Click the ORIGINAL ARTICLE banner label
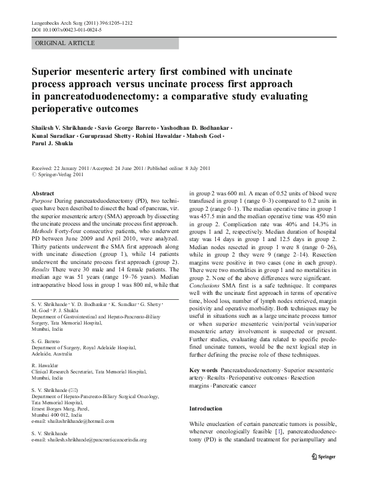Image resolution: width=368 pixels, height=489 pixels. [x=65, y=43]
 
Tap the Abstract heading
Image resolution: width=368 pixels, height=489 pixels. [x=43, y=193]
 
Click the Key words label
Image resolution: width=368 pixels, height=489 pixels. [x=203, y=370]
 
